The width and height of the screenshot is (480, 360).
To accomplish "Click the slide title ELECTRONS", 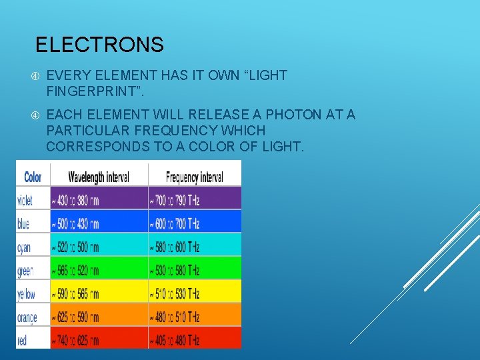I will point(99,45).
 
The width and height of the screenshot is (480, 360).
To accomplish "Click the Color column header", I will point(33,177).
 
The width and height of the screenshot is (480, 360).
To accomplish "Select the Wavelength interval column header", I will point(99,177).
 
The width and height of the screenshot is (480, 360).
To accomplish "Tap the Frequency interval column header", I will point(194,177).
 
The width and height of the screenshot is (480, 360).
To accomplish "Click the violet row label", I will point(25,200).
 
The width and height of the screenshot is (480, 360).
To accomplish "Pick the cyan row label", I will point(24,247).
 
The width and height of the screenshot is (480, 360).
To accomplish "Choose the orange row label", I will point(27,317).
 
